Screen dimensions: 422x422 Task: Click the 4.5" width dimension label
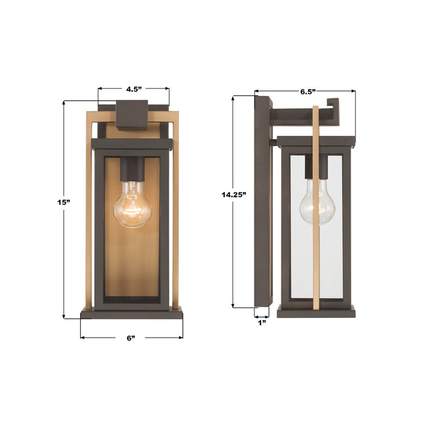(133, 89)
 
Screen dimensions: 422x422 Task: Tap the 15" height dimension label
(64, 202)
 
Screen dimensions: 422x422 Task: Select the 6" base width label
(131, 338)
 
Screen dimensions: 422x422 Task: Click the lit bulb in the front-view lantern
(132, 206)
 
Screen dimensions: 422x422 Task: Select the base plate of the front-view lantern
(131, 313)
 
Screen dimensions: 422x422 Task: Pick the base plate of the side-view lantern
(316, 312)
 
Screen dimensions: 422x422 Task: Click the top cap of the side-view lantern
(315, 142)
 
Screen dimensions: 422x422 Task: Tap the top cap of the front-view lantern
(131, 144)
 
